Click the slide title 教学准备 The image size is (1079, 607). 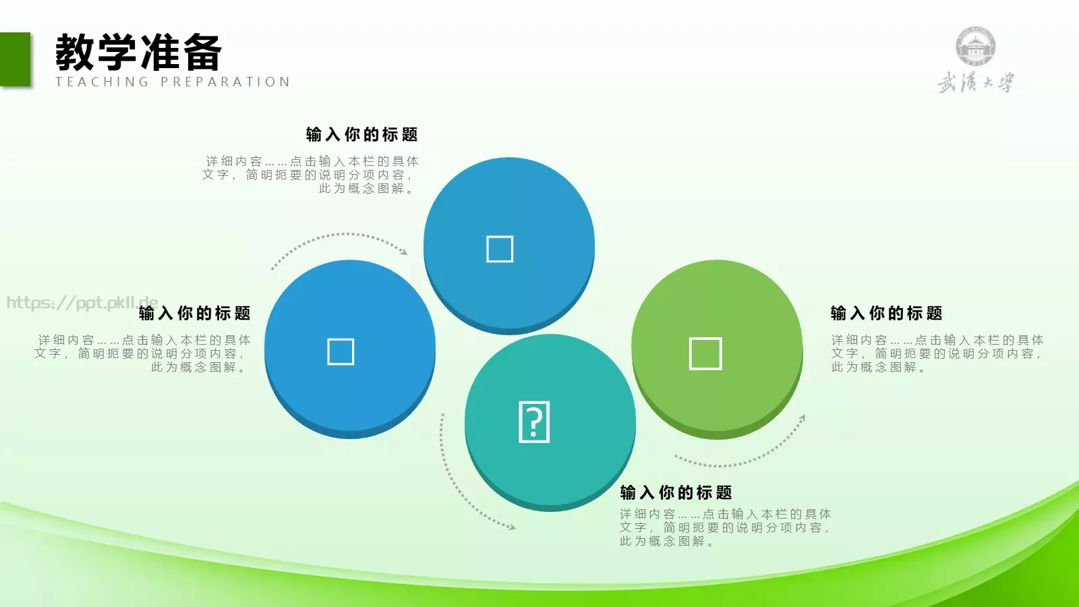point(138,53)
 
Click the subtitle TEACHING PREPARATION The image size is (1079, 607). point(173,82)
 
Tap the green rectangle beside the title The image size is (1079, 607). point(15,59)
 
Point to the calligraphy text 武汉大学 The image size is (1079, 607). point(975,83)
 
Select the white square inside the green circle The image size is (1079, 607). point(705,353)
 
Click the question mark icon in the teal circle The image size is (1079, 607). point(534,422)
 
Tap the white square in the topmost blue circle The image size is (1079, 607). point(500,249)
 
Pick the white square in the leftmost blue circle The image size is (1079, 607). point(341,351)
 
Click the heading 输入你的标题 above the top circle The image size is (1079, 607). point(362,135)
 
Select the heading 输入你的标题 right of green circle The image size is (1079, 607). point(887,314)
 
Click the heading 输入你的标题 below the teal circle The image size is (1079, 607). point(676,493)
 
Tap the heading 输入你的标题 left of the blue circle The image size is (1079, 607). point(195,314)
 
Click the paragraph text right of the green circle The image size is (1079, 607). point(937,353)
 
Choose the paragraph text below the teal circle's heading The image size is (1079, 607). point(725,527)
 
